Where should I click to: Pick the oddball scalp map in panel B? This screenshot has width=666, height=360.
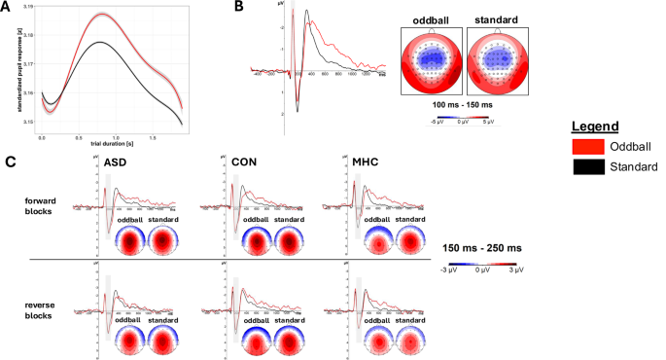[x=428, y=58]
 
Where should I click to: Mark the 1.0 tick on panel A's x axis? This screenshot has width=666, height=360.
[x=116, y=137]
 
